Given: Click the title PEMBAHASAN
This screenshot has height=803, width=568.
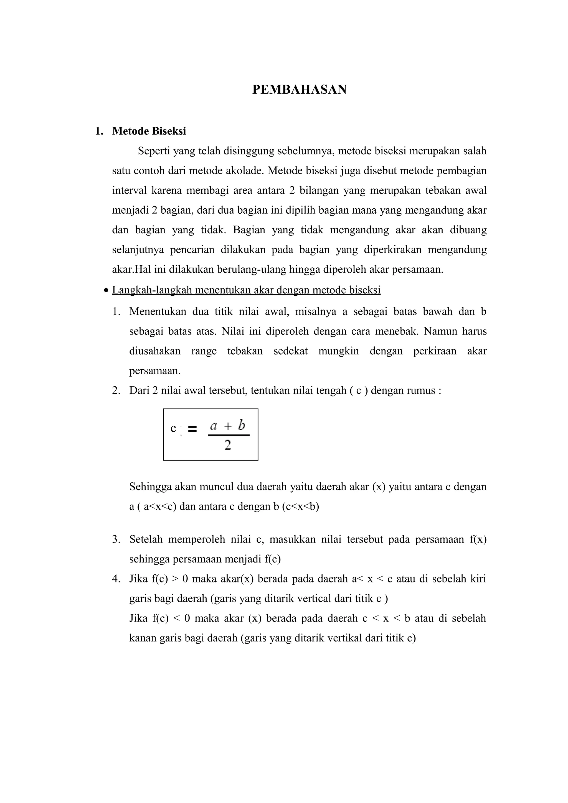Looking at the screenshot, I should (x=299, y=90).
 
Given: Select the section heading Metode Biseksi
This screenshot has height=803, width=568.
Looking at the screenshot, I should (x=149, y=131).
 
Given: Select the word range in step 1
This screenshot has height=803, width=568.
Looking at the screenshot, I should (x=204, y=351).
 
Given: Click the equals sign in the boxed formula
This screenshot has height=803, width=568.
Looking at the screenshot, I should (x=192, y=429).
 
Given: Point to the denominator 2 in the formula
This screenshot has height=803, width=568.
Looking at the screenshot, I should (x=228, y=445).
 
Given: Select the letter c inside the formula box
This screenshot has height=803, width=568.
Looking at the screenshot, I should (x=173, y=428).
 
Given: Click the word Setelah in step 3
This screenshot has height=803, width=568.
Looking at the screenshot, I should (x=146, y=539).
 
